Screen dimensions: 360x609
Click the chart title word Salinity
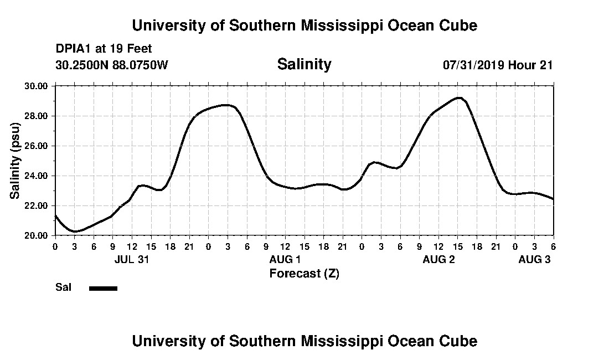click(x=304, y=64)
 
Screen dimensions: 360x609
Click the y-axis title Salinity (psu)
click(x=16, y=161)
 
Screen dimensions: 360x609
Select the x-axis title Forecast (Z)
click(x=304, y=273)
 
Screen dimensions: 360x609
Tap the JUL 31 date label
click(x=132, y=260)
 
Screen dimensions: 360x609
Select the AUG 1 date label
click(x=285, y=260)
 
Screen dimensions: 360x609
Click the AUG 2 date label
click(x=438, y=260)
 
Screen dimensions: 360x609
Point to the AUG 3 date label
click(x=534, y=260)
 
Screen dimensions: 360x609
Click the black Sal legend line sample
click(x=103, y=288)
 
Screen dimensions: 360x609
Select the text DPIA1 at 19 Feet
click(x=104, y=49)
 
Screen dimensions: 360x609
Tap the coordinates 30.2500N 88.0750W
click(x=111, y=65)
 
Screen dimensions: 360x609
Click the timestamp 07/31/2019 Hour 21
click(x=498, y=65)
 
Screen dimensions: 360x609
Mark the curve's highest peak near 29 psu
click(x=458, y=98)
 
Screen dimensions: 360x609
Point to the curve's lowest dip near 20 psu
click(x=75, y=232)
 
